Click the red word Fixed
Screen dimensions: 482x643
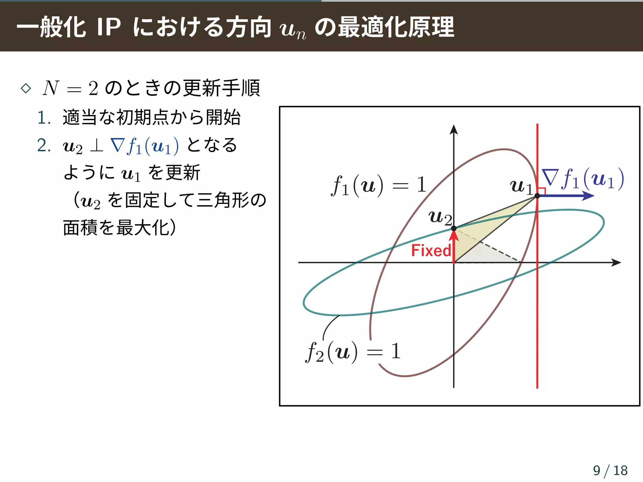point(431,251)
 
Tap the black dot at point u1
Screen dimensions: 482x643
point(537,196)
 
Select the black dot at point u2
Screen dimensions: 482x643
point(454,228)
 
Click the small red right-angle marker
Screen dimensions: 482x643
point(542,191)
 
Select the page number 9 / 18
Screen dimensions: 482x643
point(610,470)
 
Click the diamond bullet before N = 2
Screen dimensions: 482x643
point(26,88)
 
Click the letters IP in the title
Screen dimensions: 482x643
point(109,27)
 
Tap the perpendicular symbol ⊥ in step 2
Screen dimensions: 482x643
point(96,146)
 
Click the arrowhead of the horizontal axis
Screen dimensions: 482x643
point(617,263)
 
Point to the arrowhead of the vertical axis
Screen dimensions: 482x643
point(454,129)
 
